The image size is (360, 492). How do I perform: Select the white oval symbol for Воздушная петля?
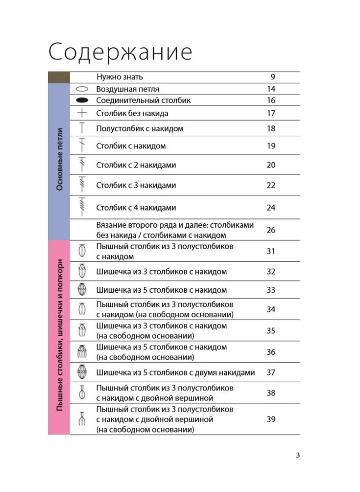click(82, 90)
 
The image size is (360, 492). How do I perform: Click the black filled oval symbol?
click(82, 100)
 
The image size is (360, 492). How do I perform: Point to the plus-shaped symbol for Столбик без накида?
click(82, 113)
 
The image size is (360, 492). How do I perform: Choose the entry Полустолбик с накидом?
click(140, 128)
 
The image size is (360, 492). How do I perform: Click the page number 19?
click(271, 146)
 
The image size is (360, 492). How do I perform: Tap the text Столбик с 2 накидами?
click(136, 165)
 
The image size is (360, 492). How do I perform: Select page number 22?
click(271, 185)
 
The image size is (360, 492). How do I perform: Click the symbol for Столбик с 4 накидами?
click(82, 207)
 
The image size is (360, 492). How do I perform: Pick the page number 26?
click(271, 230)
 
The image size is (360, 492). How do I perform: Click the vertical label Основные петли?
click(59, 160)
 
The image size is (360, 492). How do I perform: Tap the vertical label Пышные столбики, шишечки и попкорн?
click(59, 337)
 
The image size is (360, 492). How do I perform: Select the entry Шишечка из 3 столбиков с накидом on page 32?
click(161, 271)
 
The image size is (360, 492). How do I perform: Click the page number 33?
click(271, 290)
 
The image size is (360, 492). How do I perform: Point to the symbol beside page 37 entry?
click(82, 372)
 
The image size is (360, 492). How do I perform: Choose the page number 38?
click(271, 393)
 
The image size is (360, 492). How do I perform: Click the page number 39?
click(271, 419)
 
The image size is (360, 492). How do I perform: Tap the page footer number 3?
click(298, 455)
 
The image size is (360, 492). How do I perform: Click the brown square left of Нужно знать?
click(59, 77)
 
